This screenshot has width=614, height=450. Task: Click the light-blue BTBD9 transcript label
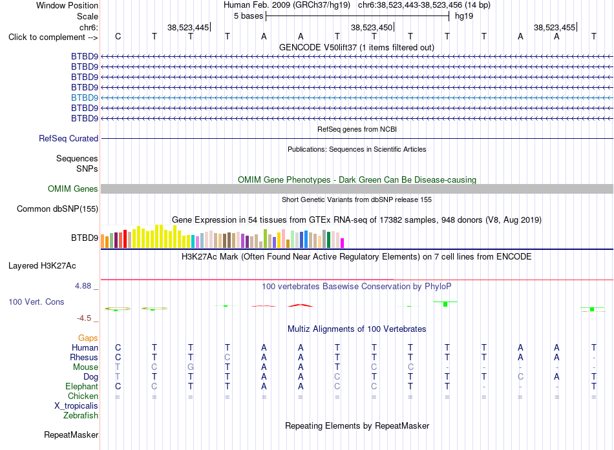tap(85, 97)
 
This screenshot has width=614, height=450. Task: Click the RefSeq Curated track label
tap(69, 139)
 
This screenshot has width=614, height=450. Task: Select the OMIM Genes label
tap(73, 189)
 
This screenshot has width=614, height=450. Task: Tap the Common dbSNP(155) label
tap(58, 209)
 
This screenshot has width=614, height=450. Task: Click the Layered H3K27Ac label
tap(42, 266)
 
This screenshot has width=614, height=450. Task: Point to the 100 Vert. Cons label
tap(36, 302)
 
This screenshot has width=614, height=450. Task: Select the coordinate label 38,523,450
tap(371, 27)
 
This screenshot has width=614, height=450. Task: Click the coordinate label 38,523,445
tap(188, 27)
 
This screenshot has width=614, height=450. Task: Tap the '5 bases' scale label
tap(249, 16)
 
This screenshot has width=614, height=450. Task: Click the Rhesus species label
tap(84, 357)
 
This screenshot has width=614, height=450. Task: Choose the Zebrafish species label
tap(81, 416)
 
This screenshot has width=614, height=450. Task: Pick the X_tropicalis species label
tap(76, 406)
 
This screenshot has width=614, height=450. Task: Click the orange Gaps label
tap(88, 338)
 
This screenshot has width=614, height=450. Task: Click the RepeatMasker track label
tap(71, 435)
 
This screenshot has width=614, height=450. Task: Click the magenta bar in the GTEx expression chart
tap(343, 243)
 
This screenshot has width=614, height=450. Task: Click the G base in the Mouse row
tap(190, 367)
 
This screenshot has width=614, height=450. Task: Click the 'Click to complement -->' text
tap(53, 37)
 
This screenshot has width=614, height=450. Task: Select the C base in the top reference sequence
tap(118, 36)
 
